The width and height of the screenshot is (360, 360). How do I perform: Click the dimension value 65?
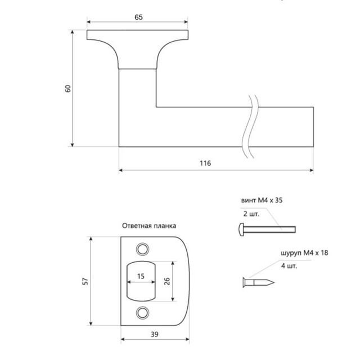(138, 17)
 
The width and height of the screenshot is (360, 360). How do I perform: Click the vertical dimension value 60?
(67, 88)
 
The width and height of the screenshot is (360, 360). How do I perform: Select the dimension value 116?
(205, 163)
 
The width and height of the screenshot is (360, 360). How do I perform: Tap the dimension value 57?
(84, 281)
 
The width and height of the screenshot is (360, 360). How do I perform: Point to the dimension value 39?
(154, 335)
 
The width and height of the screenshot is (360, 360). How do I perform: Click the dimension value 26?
(167, 281)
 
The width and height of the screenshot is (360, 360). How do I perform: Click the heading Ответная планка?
(149, 226)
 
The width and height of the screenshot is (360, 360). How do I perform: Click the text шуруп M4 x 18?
(303, 254)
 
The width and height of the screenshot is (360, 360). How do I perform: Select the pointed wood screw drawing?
(258, 281)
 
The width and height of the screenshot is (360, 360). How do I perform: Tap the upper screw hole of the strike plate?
(142, 248)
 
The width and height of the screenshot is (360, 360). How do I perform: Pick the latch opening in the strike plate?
(141, 281)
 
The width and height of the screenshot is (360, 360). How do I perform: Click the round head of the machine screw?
(241, 228)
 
